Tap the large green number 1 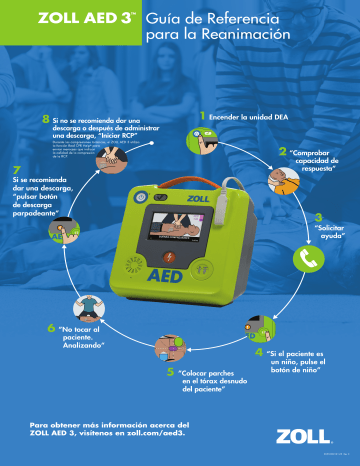(203, 116)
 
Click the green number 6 (51, 327)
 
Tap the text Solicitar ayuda (330, 233)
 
